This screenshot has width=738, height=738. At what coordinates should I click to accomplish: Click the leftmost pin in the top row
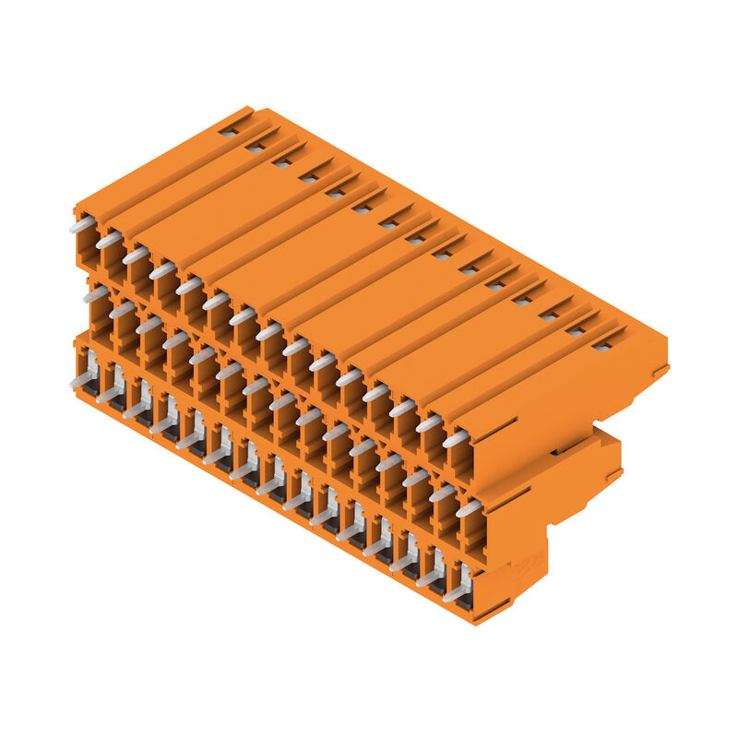(x=81, y=224)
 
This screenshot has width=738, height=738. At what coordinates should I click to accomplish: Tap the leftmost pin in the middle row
(x=94, y=294)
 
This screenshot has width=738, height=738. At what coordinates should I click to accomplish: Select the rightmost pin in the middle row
(x=469, y=508)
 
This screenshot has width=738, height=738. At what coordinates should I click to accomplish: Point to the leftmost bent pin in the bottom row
(x=83, y=377)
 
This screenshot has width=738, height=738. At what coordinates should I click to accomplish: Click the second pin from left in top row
(x=108, y=240)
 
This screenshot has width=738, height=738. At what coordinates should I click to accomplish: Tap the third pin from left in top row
(x=135, y=255)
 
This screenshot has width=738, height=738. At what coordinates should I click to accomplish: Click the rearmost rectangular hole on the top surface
(x=228, y=132)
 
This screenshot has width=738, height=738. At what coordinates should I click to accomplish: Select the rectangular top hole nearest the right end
(x=602, y=346)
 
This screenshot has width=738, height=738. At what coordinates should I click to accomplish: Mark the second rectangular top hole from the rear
(x=255, y=147)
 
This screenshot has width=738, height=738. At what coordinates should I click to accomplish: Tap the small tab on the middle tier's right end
(x=613, y=475)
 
